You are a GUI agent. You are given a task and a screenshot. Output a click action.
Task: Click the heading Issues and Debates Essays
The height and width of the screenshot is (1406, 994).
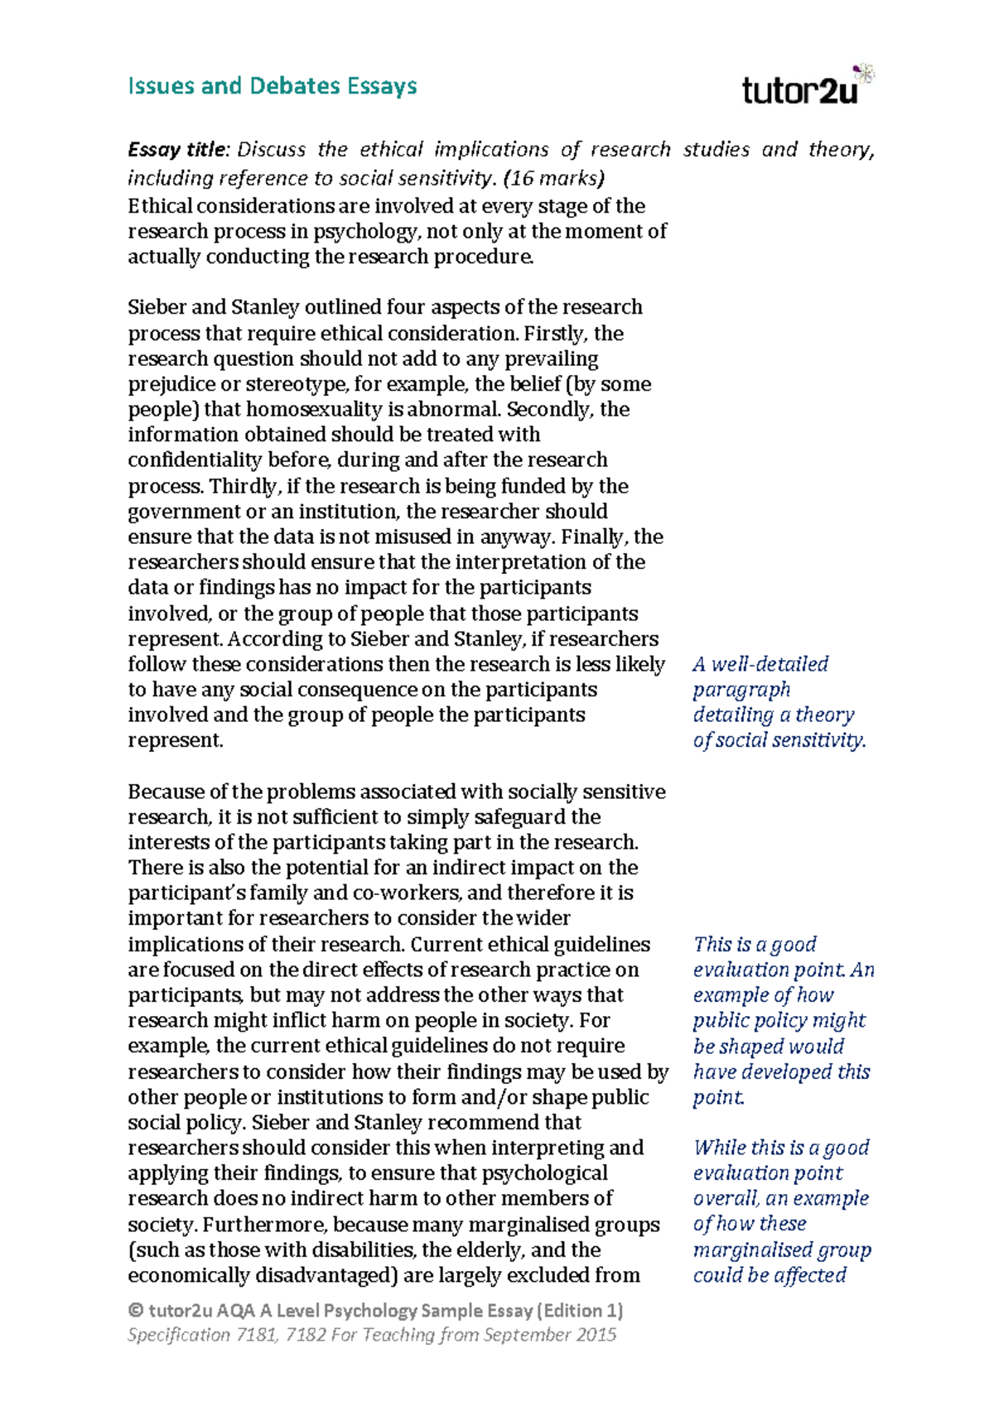click(272, 86)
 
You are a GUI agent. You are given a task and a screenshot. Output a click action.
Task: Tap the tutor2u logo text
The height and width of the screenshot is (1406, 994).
click(799, 90)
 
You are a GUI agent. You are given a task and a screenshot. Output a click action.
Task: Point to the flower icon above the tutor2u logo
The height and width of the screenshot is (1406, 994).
click(864, 73)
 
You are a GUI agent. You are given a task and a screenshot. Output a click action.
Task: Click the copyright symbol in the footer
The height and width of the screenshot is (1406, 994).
click(136, 1311)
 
